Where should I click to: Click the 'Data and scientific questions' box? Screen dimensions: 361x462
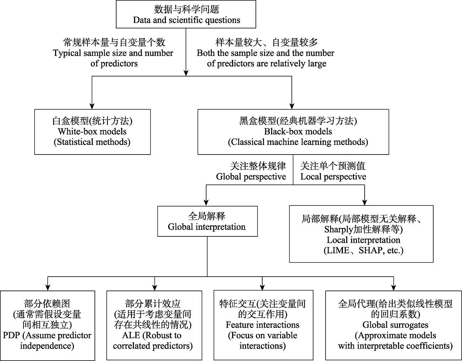tap(186, 14)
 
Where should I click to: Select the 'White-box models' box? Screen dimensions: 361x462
tap(92, 132)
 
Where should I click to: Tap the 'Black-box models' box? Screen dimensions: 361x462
tap(293, 132)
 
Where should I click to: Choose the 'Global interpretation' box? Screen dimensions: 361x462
tap(207, 221)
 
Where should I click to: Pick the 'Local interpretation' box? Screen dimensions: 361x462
tap(361, 234)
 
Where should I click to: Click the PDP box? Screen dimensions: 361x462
tap(47, 325)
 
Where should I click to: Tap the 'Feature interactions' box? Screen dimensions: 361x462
tap(262, 325)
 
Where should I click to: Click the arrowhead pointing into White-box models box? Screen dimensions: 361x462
tap(92, 106)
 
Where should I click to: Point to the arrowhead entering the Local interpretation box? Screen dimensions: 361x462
tap(365, 202)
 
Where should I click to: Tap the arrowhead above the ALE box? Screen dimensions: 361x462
tap(155, 287)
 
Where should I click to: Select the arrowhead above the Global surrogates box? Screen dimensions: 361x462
tap(394, 287)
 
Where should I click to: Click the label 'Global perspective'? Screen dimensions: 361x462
tap(251, 177)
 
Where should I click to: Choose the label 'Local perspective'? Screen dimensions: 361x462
tap(333, 177)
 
